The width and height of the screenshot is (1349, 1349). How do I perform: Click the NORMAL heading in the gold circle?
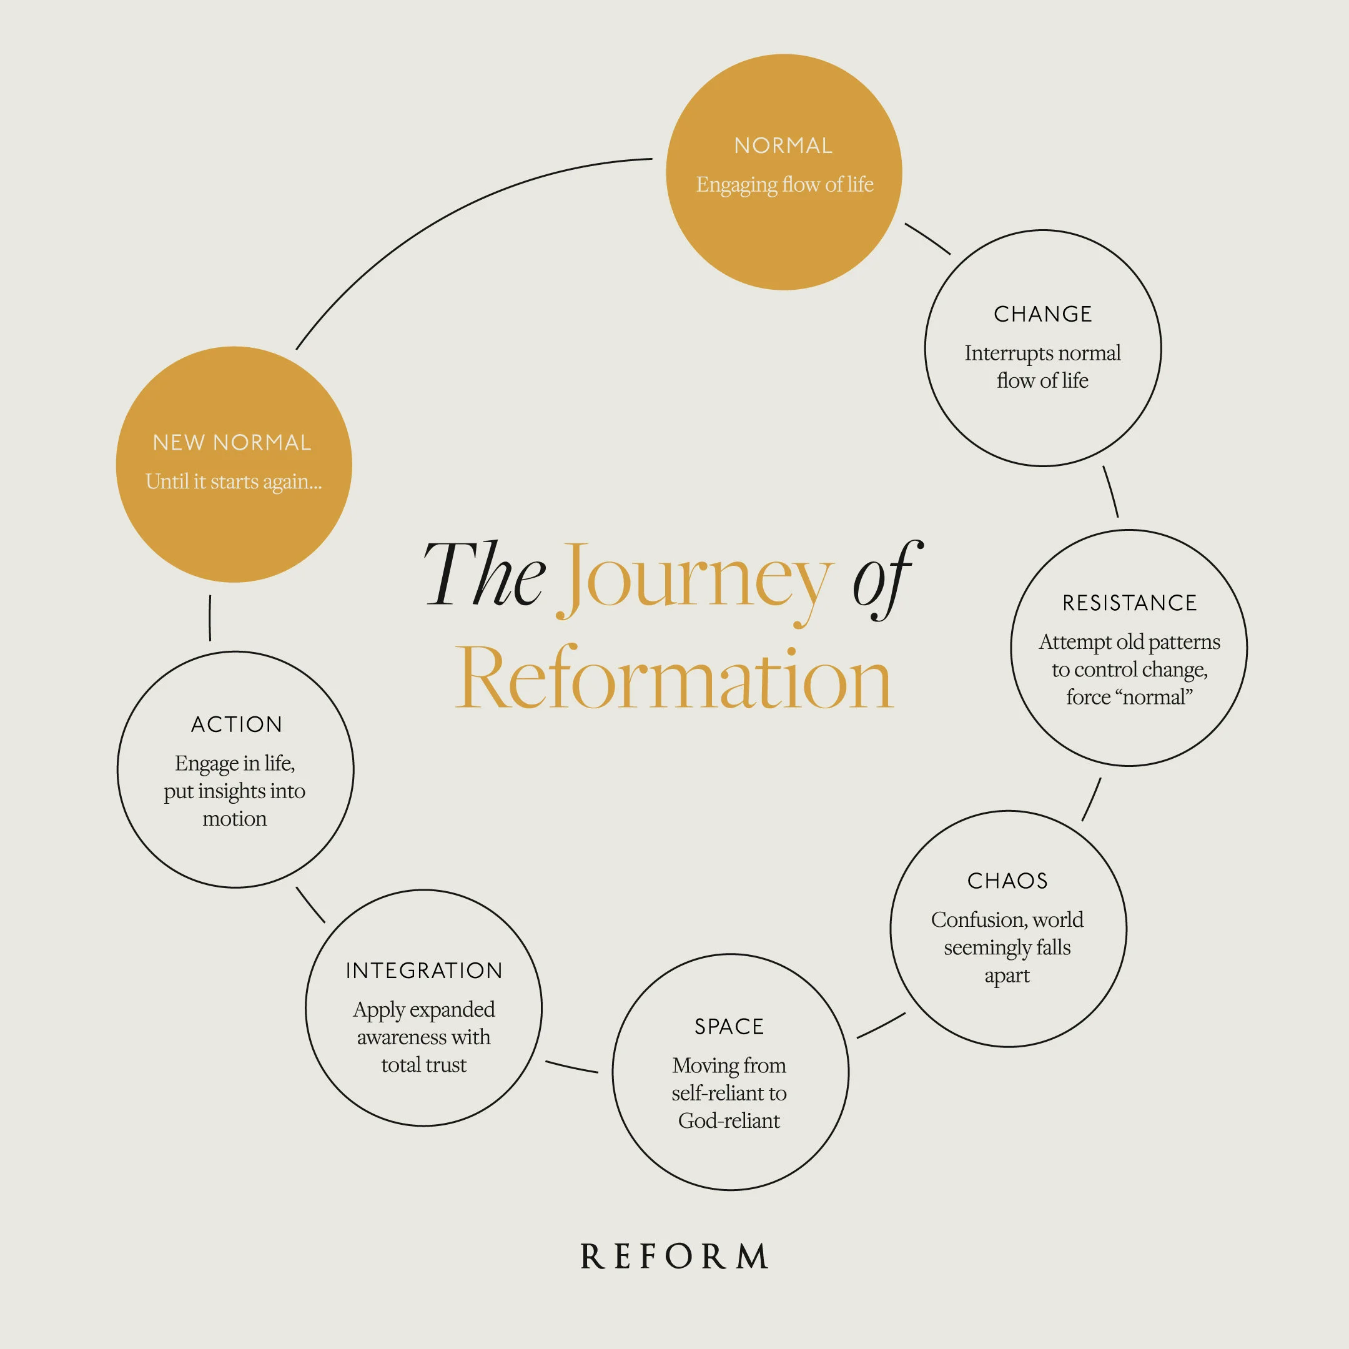783,146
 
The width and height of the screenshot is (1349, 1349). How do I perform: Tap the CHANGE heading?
1042,314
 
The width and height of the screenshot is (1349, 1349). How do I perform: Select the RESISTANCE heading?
1129,603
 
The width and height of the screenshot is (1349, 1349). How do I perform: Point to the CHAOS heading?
1007,881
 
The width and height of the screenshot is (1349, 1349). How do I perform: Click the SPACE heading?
729,1026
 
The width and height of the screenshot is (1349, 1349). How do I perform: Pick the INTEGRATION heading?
424,971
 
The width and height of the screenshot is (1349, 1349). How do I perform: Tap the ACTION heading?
237,724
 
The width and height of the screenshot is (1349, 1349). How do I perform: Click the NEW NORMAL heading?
232,443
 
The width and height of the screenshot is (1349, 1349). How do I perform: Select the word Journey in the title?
698,580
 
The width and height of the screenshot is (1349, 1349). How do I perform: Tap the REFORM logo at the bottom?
674,1257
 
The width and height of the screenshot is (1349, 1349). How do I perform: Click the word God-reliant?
729,1120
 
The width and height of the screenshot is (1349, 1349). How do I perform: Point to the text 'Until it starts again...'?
233,482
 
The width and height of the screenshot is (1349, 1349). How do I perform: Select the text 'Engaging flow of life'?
784,184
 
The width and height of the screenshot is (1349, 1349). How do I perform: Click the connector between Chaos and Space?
881,1025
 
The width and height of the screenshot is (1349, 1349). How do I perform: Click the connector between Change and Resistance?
1111,491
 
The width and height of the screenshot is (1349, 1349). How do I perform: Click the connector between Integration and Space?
571,1067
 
